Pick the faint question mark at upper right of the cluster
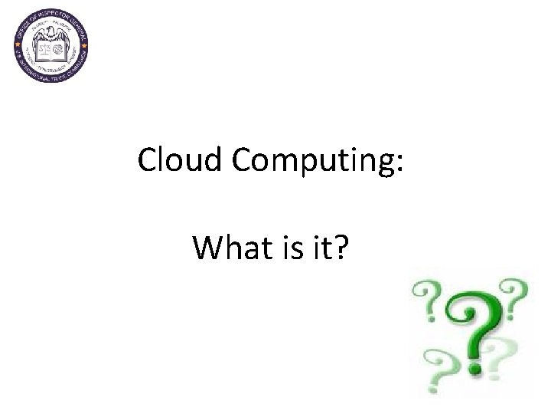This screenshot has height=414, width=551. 512,295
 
